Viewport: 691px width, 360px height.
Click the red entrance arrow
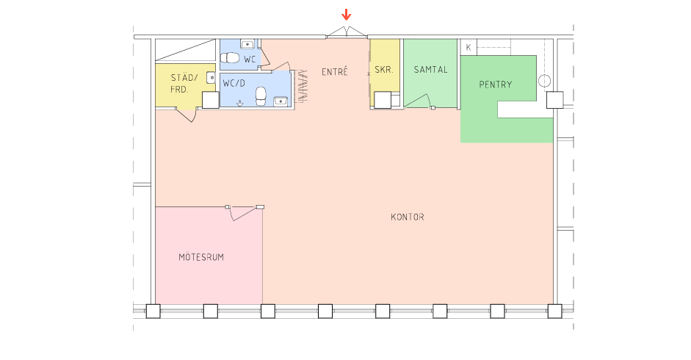(347, 15)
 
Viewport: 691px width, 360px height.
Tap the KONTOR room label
(408, 217)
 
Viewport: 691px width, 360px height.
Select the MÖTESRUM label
(201, 256)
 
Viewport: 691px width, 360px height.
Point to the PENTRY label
(496, 84)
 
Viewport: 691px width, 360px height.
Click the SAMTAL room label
(430, 69)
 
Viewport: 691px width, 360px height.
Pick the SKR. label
(384, 69)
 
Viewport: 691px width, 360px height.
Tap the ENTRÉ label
(334, 71)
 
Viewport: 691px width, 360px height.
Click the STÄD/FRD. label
(184, 83)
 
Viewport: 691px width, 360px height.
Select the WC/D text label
(234, 83)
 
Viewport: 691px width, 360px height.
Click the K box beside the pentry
(468, 47)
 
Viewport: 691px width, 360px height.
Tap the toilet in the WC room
(230, 58)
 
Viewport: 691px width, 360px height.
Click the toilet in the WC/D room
(261, 96)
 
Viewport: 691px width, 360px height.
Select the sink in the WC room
(247, 43)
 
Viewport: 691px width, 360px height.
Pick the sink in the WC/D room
(281, 101)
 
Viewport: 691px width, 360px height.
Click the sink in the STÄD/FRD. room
(211, 77)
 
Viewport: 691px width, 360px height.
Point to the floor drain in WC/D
(239, 104)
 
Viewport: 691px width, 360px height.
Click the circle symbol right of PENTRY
(544, 81)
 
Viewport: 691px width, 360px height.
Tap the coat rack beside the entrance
(302, 86)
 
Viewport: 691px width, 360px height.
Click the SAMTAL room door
(419, 101)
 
